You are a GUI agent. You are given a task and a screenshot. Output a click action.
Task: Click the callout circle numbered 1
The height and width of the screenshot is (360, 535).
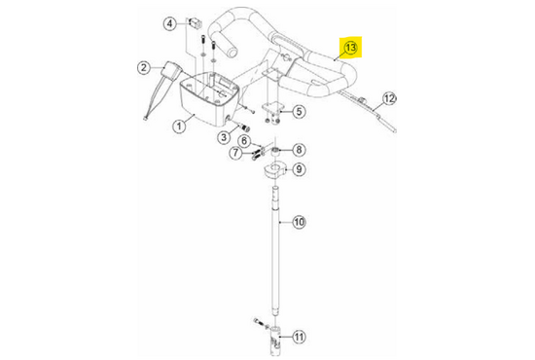pos(179,126)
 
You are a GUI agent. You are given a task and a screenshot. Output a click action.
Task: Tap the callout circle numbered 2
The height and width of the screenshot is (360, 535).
pos(144,67)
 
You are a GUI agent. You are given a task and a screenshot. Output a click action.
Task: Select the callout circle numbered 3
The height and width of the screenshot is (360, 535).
pos(224,137)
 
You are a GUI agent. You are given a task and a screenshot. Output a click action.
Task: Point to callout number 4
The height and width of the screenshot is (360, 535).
pos(170,24)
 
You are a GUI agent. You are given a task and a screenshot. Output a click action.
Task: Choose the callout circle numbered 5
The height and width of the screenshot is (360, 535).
pos(299,111)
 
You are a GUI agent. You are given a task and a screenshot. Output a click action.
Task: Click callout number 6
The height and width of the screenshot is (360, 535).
pos(244,140)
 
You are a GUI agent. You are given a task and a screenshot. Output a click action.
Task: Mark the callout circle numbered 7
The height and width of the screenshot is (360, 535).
pos(235,153)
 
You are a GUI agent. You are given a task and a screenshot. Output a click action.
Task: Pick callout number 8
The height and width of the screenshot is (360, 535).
pos(299,150)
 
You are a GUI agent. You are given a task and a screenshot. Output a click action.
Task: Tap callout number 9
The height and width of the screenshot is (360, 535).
pos(299,169)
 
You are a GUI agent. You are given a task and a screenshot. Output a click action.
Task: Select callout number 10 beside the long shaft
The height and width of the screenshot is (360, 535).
pos(299,222)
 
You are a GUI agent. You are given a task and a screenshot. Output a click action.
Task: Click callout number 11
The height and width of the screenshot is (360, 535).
pos(299,338)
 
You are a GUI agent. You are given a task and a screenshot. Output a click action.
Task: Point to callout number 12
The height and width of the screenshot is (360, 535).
pos(389,99)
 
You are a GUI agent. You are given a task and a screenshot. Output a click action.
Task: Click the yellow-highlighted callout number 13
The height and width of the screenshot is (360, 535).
pos(351,48)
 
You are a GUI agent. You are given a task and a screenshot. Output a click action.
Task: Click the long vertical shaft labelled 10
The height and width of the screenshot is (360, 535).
pos(275,250)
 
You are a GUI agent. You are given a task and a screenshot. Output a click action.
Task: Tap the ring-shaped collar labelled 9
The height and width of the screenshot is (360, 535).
pos(273,170)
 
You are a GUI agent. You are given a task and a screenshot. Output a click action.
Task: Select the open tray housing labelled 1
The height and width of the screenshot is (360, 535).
pos(209,100)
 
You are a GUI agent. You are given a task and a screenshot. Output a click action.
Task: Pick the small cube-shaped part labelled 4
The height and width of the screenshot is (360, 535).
pos(196,22)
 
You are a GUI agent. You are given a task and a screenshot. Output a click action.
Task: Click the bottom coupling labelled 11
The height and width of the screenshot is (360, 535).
pos(275,341)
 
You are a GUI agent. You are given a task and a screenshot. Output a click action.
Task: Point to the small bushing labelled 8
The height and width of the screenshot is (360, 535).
pos(275,152)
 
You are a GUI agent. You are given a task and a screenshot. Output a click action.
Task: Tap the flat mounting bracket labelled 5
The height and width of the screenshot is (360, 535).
pos(272,108)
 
